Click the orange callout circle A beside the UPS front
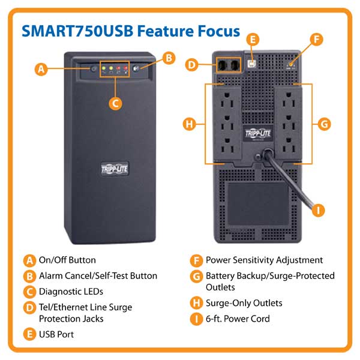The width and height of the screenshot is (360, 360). pyautogui.click(x=41, y=69)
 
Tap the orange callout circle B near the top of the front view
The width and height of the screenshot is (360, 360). pyautogui.click(x=169, y=58)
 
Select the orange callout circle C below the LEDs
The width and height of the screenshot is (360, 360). pyautogui.click(x=115, y=104)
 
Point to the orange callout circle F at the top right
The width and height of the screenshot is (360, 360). pyautogui.click(x=317, y=39)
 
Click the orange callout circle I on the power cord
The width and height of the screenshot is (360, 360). pyautogui.click(x=318, y=211)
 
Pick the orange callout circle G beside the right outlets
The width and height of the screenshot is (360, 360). pyautogui.click(x=324, y=124)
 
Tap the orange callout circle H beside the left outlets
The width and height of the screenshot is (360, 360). pyautogui.click(x=189, y=124)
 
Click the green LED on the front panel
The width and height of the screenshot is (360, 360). pyautogui.click(x=104, y=68)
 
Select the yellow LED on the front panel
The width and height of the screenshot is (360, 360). pyautogui.click(x=111, y=68)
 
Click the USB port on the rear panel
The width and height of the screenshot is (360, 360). pyautogui.click(x=252, y=64)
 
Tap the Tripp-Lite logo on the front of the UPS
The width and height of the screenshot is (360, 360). pyautogui.click(x=115, y=169)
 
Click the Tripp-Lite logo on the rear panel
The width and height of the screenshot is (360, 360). pyautogui.click(x=258, y=133)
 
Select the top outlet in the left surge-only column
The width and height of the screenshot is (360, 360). pyautogui.click(x=227, y=100)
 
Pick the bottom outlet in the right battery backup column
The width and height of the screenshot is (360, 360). pyautogui.click(x=289, y=145)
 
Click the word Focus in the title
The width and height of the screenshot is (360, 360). pyautogui.click(x=219, y=31)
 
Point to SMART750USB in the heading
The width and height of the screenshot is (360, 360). pyautogui.click(x=77, y=31)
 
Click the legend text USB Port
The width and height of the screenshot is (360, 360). pyautogui.click(x=56, y=334)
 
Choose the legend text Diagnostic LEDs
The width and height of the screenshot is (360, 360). pyautogui.click(x=71, y=292)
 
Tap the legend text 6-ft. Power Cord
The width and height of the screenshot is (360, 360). pyautogui.click(x=238, y=319)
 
